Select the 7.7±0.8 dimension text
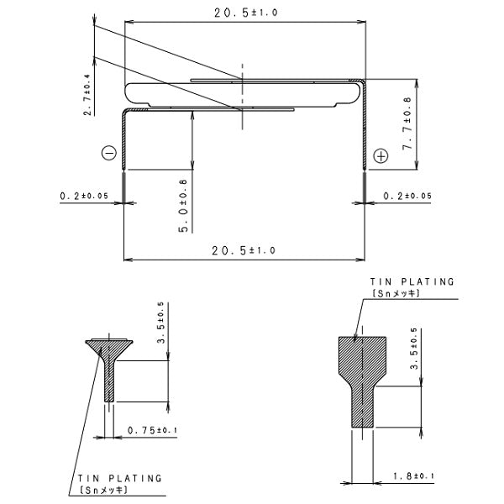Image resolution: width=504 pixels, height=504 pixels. point(407,124)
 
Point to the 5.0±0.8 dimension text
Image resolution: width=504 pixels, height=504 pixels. point(182,202)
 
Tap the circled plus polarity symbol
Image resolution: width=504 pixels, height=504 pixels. point(381,156)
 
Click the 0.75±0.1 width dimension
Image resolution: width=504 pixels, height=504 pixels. point(151,431)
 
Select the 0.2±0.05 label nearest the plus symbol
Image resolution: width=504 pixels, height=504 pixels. point(407,196)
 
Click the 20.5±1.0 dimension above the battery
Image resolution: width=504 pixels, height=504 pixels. point(244,11)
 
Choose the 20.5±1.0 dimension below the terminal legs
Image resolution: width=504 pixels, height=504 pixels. point(243,251)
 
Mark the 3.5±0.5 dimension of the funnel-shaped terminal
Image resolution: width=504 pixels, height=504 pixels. point(160,323)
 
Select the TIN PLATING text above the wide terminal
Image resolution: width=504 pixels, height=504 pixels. point(412,282)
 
